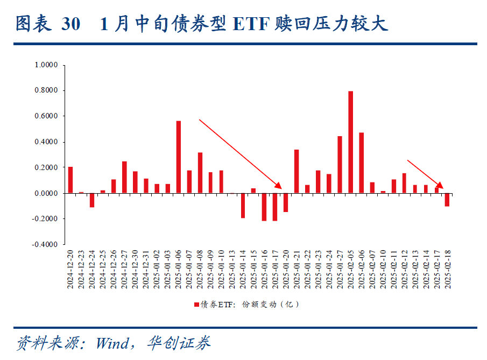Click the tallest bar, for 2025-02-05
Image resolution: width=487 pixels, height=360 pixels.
pyautogui.click(x=350, y=142)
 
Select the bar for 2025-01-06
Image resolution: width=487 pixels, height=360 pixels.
pyautogui.click(x=178, y=157)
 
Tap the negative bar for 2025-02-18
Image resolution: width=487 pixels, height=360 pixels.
pyautogui.click(x=447, y=200)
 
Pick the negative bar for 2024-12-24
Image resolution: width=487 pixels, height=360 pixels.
pyautogui.click(x=92, y=200)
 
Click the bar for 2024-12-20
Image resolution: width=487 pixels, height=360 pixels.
pyautogui.click(x=70, y=180)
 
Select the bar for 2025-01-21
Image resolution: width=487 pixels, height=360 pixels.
pyautogui.click(x=297, y=172)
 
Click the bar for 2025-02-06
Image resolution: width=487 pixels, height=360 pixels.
pyautogui.click(x=361, y=163)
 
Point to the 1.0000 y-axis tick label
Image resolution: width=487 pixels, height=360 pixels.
pyautogui.click(x=46, y=65)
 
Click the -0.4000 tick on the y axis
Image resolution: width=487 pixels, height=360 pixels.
pyautogui.click(x=45, y=244)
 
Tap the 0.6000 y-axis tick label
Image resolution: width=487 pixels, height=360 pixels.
pyautogui.click(x=46, y=116)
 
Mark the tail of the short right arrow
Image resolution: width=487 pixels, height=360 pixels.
pyautogui.click(x=408, y=160)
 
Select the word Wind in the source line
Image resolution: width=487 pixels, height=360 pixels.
pyautogui.click(x=112, y=343)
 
